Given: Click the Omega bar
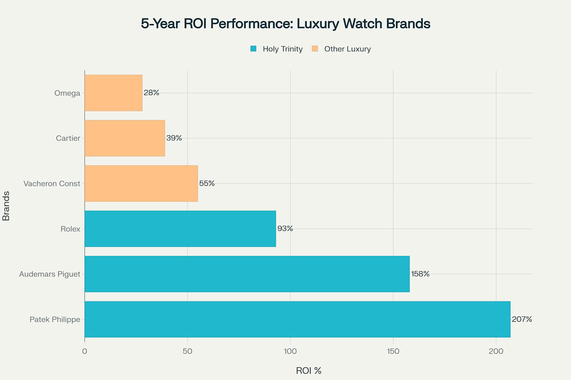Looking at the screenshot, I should click(113, 93).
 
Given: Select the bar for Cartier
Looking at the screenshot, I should click(125, 138).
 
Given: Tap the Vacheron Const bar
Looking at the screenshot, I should click(141, 183).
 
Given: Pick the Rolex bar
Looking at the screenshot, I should click(180, 229).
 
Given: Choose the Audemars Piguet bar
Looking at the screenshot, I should click(247, 274).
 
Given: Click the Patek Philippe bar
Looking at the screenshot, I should click(297, 319).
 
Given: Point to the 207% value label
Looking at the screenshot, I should click(522, 319).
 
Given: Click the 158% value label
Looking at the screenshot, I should click(420, 274).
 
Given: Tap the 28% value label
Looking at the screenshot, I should click(151, 93).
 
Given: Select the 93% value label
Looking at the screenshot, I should click(285, 229).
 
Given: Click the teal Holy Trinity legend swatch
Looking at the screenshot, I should click(254, 49).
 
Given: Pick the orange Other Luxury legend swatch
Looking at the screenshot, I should click(315, 49).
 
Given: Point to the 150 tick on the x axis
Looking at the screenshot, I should click(393, 351).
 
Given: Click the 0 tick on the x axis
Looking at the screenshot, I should click(85, 351).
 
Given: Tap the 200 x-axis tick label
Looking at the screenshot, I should click(496, 351).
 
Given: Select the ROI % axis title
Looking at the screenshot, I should click(309, 370).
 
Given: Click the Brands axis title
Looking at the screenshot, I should click(6, 206).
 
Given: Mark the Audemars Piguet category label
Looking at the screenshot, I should click(50, 274).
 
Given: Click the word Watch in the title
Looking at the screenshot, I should click(362, 23).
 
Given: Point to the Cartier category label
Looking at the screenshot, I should click(68, 138).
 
